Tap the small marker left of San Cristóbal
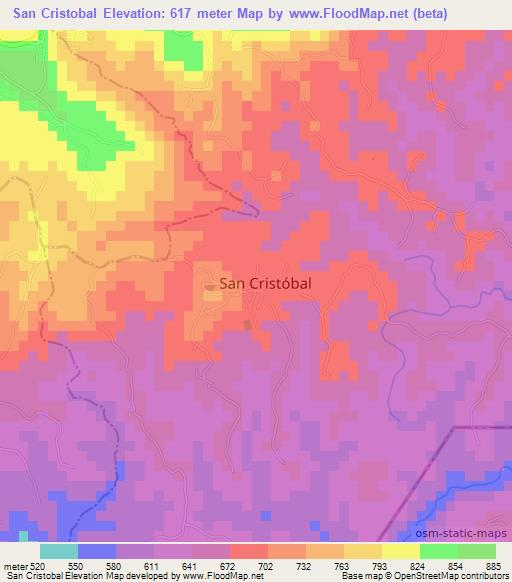point(209,288)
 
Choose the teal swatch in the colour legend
point(59,550)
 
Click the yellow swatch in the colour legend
point(401,550)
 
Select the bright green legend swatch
point(439,550)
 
